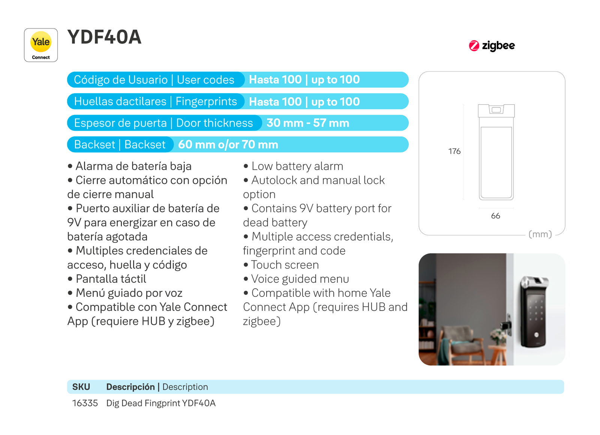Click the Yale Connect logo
tap(41, 45)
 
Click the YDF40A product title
tap(104, 37)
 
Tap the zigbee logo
tap(492, 45)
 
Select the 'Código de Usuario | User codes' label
tap(154, 80)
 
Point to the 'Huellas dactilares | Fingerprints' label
tap(155, 101)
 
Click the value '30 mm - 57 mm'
tap(308, 123)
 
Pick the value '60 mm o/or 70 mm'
tap(228, 144)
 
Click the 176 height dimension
tap(454, 151)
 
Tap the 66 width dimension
tap(495, 216)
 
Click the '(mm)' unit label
tap(540, 234)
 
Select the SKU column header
tap(81, 387)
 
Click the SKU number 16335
tap(85, 403)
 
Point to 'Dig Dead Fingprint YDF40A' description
tap(161, 403)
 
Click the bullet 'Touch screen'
tap(281, 265)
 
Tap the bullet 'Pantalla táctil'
tap(106, 279)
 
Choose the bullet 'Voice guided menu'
tap(296, 279)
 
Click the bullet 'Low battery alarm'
tap(293, 166)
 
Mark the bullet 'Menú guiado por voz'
tap(125, 293)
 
